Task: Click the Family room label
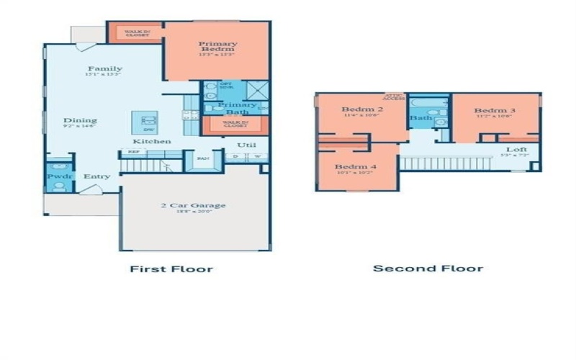click(104, 69)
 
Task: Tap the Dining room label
click(80, 121)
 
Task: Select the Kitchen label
click(151, 141)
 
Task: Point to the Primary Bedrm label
click(217, 47)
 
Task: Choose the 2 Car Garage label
click(192, 206)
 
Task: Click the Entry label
click(96, 176)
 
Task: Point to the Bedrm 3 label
click(492, 111)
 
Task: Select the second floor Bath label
click(420, 117)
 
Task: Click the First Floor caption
click(171, 269)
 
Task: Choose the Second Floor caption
click(428, 269)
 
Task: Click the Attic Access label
click(395, 97)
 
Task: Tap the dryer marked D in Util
click(236, 156)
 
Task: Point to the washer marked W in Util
click(256, 156)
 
